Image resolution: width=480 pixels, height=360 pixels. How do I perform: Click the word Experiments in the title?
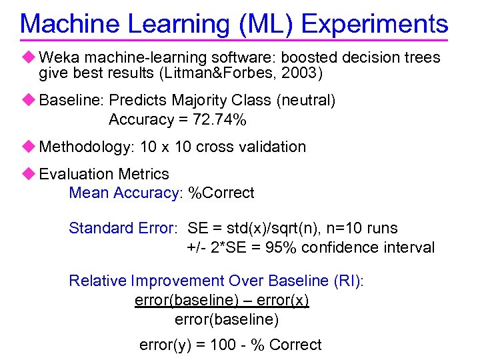point(375,24)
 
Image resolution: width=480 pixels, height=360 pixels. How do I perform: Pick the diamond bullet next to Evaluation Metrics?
point(27,174)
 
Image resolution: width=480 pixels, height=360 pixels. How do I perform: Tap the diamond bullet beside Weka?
point(27,57)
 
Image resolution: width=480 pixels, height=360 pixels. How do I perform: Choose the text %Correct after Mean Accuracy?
point(221,193)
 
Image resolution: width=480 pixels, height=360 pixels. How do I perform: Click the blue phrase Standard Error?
point(122,228)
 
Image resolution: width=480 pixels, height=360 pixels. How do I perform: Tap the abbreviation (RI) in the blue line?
point(349,281)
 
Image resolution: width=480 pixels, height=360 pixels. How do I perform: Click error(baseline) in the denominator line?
point(227,320)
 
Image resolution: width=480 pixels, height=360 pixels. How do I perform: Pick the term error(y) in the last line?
point(164,345)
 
